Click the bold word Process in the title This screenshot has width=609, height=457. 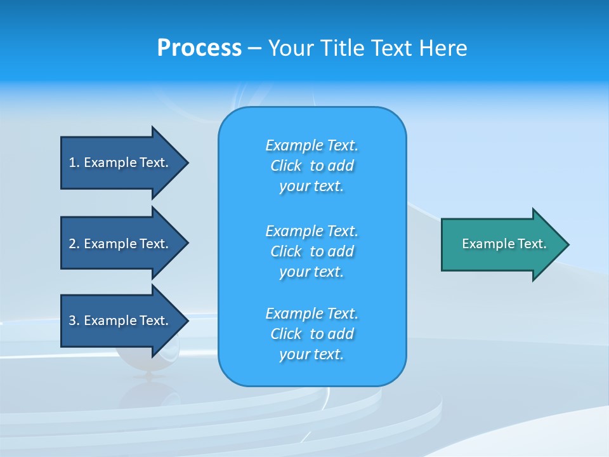point(199,48)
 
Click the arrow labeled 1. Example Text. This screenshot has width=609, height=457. point(121,162)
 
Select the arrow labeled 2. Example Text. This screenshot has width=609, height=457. point(121,244)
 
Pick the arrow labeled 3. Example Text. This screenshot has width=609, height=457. point(121,321)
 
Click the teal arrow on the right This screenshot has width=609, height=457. point(501,244)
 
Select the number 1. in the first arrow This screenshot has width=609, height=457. point(74,162)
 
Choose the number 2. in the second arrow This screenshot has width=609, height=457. point(74,244)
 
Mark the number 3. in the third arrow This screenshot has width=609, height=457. point(74,321)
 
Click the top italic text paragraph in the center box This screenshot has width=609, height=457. point(311,166)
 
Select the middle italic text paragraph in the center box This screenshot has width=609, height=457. point(311,251)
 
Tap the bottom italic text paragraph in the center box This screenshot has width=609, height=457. point(311,334)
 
